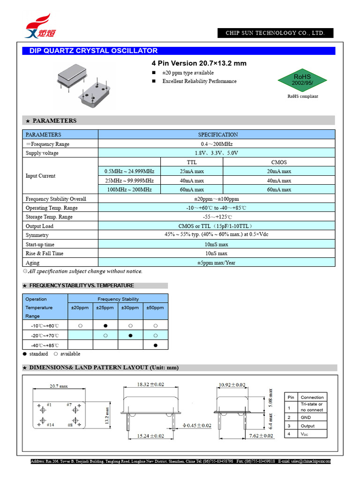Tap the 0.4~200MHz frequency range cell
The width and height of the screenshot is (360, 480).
point(217,144)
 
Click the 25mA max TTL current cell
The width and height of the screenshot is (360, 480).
point(192,172)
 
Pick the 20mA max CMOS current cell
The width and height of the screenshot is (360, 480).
point(279,172)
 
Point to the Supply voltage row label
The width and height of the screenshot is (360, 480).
point(42,153)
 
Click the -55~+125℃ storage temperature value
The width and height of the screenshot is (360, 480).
point(217,217)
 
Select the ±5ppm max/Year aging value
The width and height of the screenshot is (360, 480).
point(217,263)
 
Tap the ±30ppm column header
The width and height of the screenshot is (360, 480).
point(130,307)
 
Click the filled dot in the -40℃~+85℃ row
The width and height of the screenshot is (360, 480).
point(155,345)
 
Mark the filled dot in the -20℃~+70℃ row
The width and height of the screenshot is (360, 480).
point(130,335)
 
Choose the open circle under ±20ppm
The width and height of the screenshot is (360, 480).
point(81,325)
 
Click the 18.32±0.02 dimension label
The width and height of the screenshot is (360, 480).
point(151,384)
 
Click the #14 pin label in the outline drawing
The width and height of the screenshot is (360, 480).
point(50,425)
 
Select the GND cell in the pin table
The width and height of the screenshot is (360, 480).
point(306,417)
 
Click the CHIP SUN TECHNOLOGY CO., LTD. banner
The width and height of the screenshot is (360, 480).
point(275,33)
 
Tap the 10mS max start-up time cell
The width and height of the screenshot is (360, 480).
point(217,245)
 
